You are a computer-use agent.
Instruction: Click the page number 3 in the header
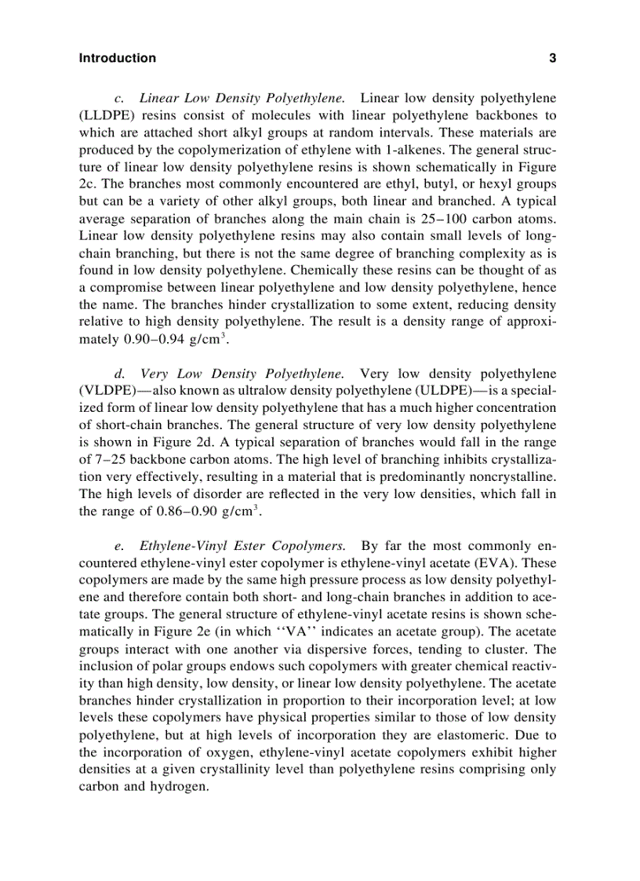553,58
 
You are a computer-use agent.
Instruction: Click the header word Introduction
118,58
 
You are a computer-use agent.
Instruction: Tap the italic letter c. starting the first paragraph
118,99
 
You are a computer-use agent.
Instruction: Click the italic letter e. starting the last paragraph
118,546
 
